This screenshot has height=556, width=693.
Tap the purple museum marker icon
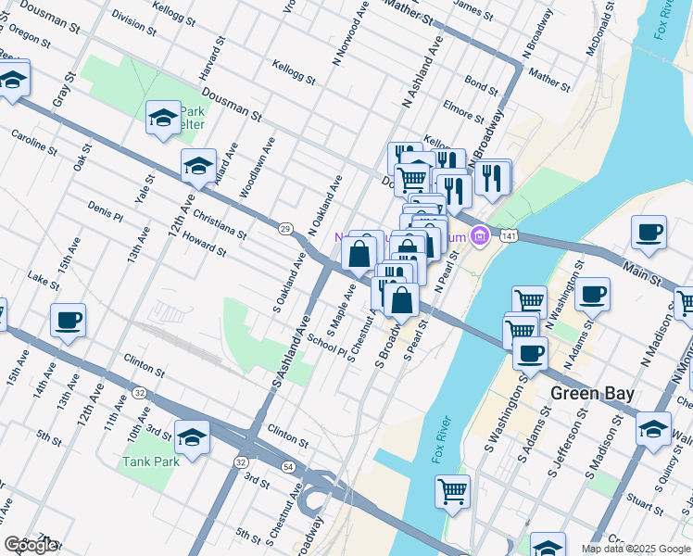pyautogui.click(x=479, y=237)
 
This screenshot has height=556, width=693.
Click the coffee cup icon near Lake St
pyautogui.click(x=69, y=321)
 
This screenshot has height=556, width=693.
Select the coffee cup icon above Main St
pyautogui.click(x=649, y=232)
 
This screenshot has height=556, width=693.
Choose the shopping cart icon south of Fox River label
pyautogui.click(x=452, y=491)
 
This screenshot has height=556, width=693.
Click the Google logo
pyautogui.click(x=31, y=545)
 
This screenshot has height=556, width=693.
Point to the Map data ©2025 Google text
pyautogui.click(x=636, y=549)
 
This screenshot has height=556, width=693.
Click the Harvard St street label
pyautogui.click(x=212, y=57)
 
